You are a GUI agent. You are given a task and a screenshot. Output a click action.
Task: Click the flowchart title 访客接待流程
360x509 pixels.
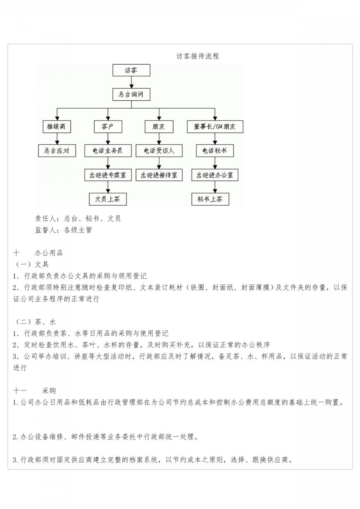pyautogui.click(x=197, y=56)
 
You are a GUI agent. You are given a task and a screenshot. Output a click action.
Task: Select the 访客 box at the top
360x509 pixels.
pyautogui.click(x=131, y=70)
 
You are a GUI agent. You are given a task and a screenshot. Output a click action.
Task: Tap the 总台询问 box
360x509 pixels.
pyautogui.click(x=131, y=95)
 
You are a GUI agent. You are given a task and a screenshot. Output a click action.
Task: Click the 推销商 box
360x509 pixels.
pyautogui.click(x=57, y=126)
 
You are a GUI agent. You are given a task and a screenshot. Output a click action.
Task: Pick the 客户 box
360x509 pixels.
pyautogui.click(x=108, y=126)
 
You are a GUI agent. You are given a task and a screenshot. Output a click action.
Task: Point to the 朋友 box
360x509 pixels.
pyautogui.click(x=159, y=126)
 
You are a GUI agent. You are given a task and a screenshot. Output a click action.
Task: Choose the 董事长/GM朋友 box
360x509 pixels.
pyautogui.click(x=215, y=126)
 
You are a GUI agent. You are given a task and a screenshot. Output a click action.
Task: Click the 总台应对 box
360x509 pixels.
pyautogui.click(x=57, y=150)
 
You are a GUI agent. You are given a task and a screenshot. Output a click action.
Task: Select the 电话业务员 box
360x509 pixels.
pyautogui.click(x=108, y=150)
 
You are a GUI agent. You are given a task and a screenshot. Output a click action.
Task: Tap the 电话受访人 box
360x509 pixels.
pyautogui.click(x=159, y=150)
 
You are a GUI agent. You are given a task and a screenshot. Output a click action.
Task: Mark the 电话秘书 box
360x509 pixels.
pyautogui.click(x=215, y=150)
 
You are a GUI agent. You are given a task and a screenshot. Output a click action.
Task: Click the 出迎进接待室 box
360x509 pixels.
pyautogui.click(x=159, y=175)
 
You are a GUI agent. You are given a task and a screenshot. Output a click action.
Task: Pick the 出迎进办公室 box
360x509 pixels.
pyautogui.click(x=215, y=175)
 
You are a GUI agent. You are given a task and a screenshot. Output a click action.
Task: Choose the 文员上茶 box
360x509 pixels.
pyautogui.click(x=108, y=199)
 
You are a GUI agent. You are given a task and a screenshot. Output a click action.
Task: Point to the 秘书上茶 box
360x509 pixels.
pyautogui.click(x=210, y=199)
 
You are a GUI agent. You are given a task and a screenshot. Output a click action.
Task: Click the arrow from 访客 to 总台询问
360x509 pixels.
pyautogui.click(x=131, y=82)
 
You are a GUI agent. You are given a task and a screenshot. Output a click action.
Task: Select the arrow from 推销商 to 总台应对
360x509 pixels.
pyautogui.click(x=57, y=138)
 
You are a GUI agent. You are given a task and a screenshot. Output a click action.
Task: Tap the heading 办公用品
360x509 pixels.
pyautogui.click(x=49, y=253)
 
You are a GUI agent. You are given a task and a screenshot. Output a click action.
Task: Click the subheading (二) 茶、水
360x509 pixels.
pyautogui.click(x=35, y=322)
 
